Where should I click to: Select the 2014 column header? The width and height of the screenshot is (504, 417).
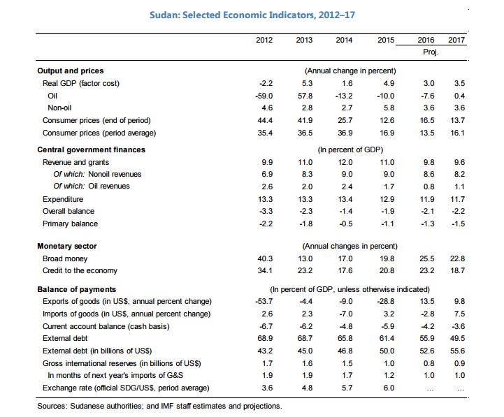point(344,40)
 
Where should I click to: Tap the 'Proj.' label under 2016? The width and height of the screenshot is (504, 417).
point(431,52)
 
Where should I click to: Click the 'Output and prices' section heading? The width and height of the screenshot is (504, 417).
point(70,71)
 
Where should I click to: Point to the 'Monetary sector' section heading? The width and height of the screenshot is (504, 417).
point(66,246)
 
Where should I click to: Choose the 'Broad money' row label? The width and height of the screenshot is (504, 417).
point(65,258)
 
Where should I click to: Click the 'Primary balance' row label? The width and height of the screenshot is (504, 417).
point(70,224)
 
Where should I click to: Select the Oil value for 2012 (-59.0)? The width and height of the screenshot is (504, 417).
point(265,96)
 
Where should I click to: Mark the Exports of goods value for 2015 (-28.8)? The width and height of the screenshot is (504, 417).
point(385,301)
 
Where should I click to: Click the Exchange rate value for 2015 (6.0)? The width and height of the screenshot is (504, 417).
point(387,387)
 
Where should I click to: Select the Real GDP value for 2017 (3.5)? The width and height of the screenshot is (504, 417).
point(459,83)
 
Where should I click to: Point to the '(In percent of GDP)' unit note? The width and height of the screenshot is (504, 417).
point(350,149)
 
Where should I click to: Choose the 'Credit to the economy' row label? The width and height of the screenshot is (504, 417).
point(80,270)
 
